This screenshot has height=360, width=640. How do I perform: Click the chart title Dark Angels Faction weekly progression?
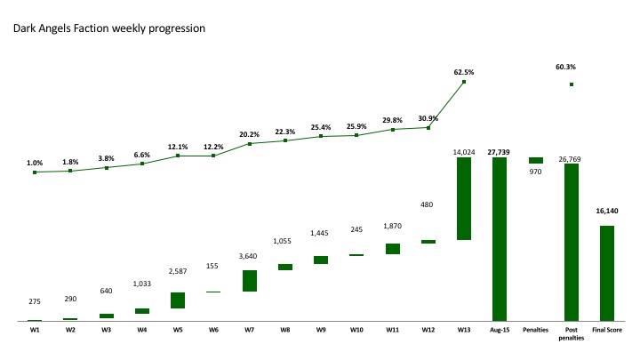point(108,28)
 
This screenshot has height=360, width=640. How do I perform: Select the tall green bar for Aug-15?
point(499,238)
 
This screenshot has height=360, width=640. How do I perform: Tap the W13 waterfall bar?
point(463,198)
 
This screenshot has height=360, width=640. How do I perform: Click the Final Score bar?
point(607,273)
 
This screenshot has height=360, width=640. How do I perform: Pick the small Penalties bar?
point(535,160)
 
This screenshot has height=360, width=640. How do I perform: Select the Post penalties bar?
point(571,242)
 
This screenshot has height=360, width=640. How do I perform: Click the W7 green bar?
point(249,281)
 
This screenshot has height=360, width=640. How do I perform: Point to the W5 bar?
point(178,300)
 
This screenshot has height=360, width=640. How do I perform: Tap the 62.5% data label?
point(463,72)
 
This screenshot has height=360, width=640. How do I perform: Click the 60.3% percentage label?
point(565,67)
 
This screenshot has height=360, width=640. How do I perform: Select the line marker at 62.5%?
point(464,83)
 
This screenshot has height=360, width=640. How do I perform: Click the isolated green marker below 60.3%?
point(572,84)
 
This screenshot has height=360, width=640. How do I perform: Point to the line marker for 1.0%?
point(35,172)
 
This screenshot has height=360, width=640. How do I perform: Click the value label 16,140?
point(607,212)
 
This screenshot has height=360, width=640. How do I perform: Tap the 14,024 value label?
point(464,152)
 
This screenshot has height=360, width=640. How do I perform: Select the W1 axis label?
point(35,330)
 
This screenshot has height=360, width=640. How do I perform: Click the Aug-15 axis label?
point(499,330)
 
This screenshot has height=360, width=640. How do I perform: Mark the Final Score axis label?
point(607,330)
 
